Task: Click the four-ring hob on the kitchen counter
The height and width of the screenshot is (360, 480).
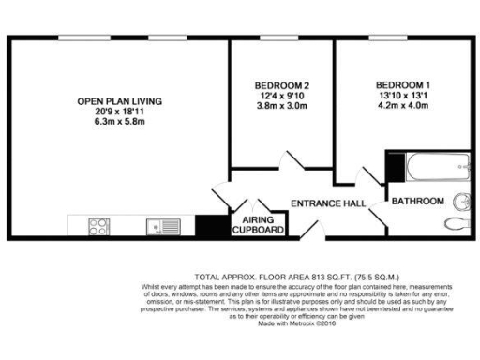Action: (x=99, y=226)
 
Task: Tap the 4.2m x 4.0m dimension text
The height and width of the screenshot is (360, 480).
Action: (x=404, y=105)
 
